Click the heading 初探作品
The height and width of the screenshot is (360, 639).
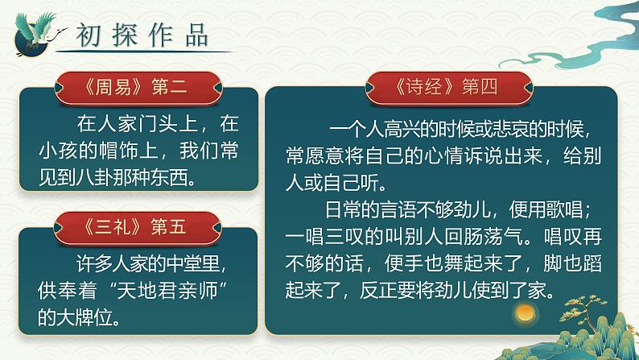pos(142,35)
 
